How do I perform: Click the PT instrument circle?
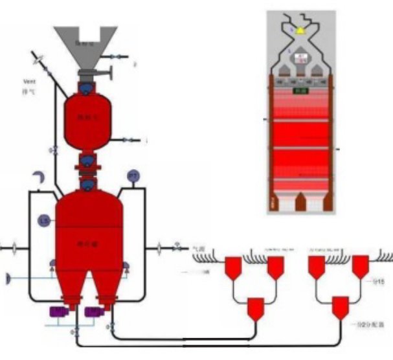pos(133,176)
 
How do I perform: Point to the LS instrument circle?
pos(44,220)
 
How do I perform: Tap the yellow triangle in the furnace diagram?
pos(300,30)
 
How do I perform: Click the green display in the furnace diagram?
pos(300,91)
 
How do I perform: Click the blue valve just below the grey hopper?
pos(86,85)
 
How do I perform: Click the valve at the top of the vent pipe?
pos(39,62)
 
